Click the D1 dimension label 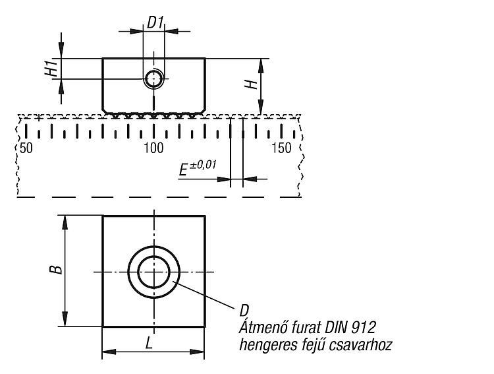click(155, 22)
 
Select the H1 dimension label click(51, 69)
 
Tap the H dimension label click(252, 84)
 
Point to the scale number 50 click(26, 148)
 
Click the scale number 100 click(153, 148)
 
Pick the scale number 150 click(281, 148)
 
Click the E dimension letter click(183, 170)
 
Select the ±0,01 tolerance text click(203, 166)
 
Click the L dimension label click(150, 343)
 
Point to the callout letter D click(244, 311)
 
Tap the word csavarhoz click(360, 345)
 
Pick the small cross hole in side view click(153, 78)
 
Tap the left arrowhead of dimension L click(109, 352)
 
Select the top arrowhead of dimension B click(65, 222)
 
